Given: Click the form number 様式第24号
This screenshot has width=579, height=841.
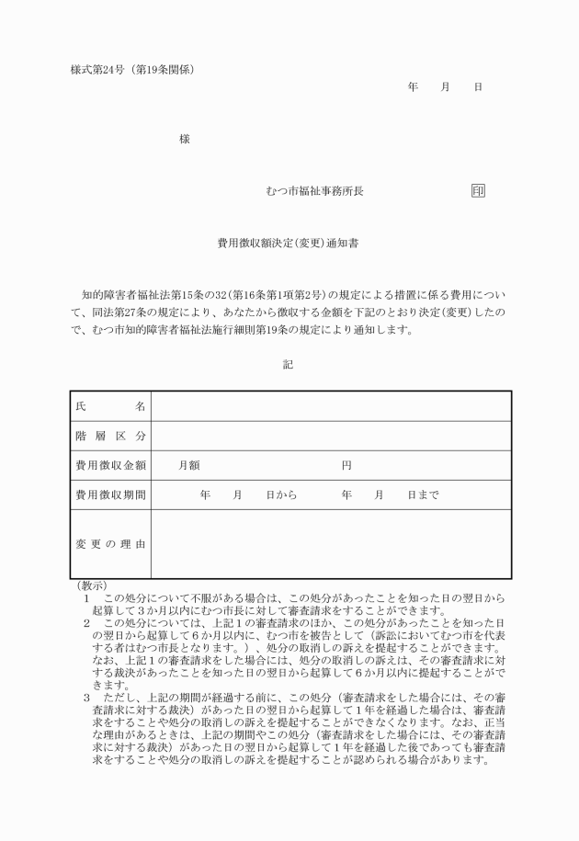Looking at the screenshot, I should [x=96, y=70].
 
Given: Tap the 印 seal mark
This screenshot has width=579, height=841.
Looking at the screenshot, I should [x=477, y=191].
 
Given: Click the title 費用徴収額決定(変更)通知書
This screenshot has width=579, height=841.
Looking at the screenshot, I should [x=287, y=244].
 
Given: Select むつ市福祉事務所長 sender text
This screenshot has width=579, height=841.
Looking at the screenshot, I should [x=314, y=191].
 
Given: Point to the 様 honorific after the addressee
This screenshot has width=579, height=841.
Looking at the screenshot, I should [x=185, y=139].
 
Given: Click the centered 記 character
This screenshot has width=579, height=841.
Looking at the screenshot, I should [x=288, y=365].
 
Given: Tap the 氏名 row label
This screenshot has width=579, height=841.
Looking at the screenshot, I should [x=110, y=406].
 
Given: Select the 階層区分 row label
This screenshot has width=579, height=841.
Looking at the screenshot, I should [x=110, y=436].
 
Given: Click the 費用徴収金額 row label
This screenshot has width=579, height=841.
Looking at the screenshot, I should [x=110, y=465].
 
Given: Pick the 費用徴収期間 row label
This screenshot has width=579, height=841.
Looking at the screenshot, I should [x=110, y=494].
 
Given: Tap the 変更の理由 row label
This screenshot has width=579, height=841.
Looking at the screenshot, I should [x=110, y=544].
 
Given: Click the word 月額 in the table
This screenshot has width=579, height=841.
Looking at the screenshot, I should [x=189, y=465].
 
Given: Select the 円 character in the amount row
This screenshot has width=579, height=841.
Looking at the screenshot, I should [x=346, y=465].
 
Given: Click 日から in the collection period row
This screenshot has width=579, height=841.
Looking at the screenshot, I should [x=281, y=494].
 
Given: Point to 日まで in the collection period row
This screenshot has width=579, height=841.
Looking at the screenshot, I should [x=423, y=494].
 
